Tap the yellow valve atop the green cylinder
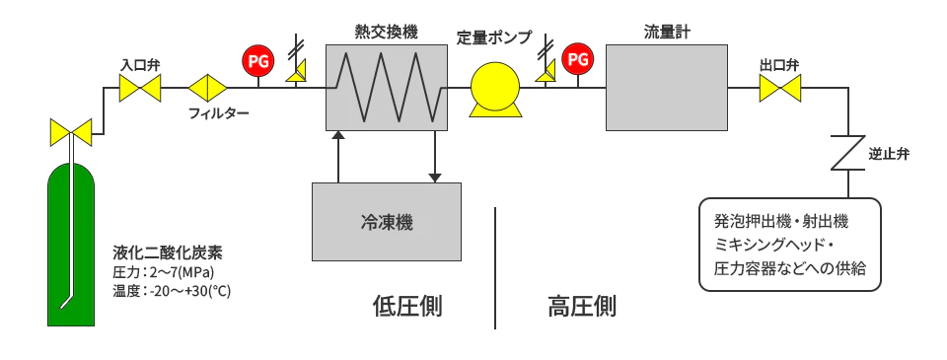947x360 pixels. point(70,130)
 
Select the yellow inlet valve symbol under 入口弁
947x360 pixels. point(140,90)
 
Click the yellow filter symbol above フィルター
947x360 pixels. point(208,88)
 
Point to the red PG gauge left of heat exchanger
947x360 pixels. point(257,61)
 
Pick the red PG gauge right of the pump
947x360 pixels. point(577,61)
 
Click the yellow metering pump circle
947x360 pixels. point(494,88)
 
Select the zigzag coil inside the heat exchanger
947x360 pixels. point(386,87)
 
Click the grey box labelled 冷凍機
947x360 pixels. point(387,221)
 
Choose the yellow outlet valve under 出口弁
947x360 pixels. point(779,90)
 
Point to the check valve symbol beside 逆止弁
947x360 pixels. point(846,153)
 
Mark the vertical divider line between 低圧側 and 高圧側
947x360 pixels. point(495,267)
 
